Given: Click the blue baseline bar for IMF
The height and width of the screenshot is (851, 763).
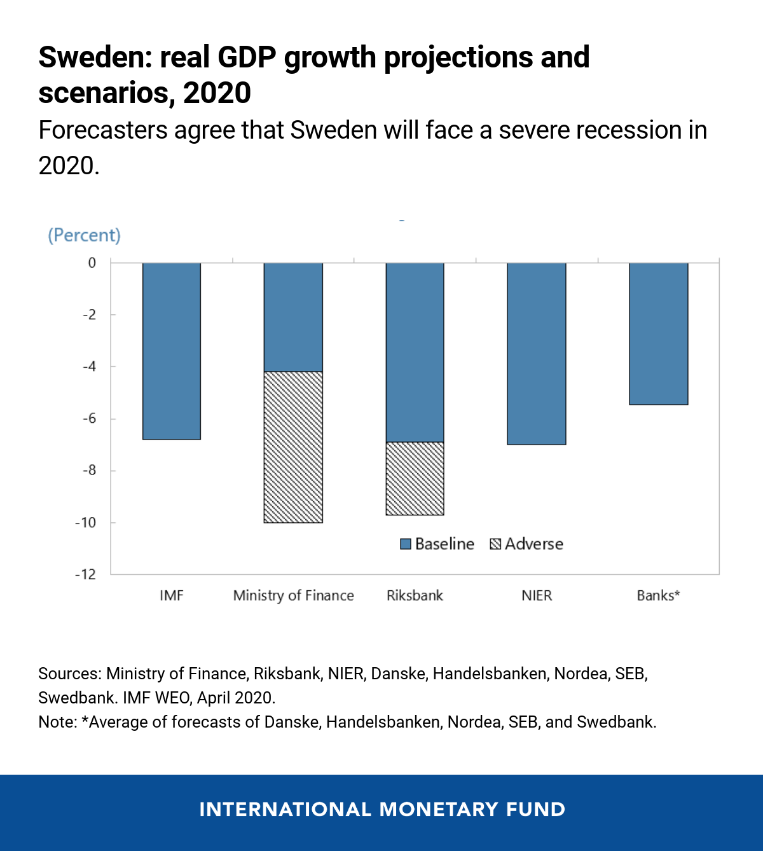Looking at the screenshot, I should click(172, 351).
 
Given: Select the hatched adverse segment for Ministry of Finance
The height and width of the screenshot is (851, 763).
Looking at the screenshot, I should click(293, 447).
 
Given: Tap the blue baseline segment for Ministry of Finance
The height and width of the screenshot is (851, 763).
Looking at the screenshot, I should click(293, 317).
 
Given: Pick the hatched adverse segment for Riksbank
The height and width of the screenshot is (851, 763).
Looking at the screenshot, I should click(415, 478).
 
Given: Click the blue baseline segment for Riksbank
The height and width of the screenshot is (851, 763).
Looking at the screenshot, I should click(415, 352).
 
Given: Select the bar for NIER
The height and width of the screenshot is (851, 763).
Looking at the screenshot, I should click(537, 354).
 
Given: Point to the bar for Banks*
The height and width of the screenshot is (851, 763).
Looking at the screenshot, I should click(659, 334).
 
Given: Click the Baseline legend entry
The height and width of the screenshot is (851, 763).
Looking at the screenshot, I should click(437, 544).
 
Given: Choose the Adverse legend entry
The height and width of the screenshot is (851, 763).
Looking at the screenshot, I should click(526, 544).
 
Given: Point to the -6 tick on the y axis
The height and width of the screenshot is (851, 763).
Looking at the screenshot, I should click(89, 419).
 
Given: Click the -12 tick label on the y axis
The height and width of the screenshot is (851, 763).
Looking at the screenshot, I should click(86, 574).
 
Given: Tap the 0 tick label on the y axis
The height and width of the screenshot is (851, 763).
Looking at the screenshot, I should click(92, 263).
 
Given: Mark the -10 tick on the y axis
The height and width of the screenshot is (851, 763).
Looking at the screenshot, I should click(86, 523).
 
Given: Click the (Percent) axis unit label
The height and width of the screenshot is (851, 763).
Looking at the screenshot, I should click(84, 235).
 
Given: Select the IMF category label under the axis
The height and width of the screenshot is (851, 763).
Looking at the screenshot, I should click(172, 595).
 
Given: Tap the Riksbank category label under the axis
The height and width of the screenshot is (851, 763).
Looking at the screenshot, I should click(415, 595).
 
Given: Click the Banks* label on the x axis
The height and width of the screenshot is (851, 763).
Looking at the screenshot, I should click(659, 595).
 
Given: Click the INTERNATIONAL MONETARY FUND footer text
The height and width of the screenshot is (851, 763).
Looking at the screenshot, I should click(381, 809).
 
